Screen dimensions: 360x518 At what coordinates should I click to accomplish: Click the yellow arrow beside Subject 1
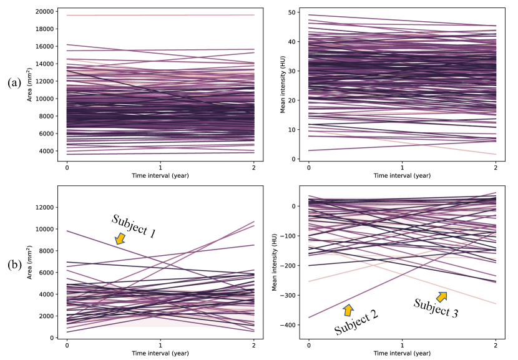click(x=120, y=238)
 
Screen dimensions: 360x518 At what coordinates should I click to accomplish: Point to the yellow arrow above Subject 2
click(x=348, y=309)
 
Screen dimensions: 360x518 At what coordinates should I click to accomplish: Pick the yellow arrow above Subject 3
click(x=442, y=296)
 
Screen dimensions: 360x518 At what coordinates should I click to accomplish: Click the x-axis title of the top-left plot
click(x=160, y=176)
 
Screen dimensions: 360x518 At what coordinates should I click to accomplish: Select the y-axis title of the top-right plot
click(x=283, y=85)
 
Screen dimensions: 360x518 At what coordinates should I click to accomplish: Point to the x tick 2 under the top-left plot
click(x=254, y=167)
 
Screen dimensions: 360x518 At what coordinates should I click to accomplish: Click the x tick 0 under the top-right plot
click(x=308, y=167)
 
